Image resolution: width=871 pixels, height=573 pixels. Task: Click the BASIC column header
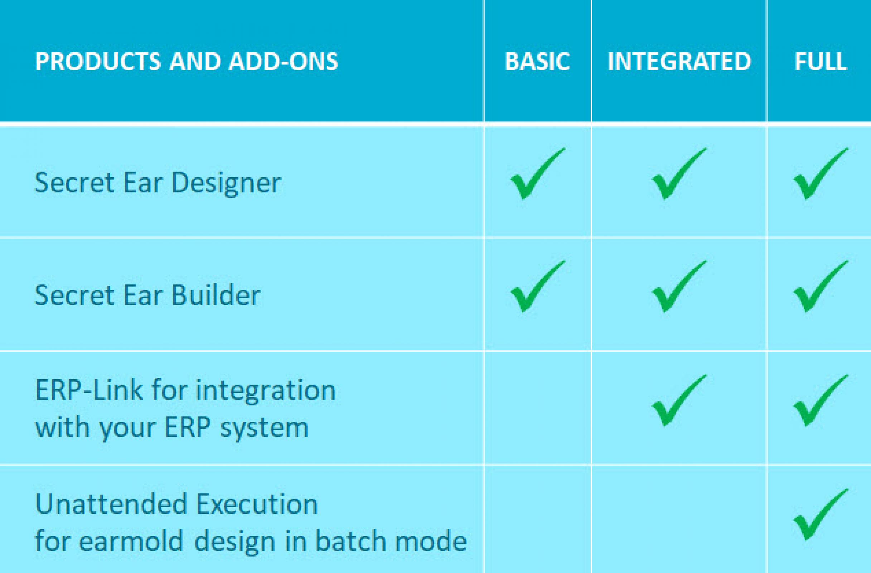click(537, 61)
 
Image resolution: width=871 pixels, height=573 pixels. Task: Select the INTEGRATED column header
click(679, 61)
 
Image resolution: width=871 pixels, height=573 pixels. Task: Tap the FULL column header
click(821, 61)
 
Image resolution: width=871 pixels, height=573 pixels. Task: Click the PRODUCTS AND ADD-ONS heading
click(187, 61)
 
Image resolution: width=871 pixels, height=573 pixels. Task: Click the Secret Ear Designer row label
click(158, 183)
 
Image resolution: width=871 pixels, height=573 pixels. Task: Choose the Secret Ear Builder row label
click(147, 295)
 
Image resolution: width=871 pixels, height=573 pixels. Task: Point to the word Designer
click(226, 183)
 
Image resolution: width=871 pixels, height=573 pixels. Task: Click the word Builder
click(216, 295)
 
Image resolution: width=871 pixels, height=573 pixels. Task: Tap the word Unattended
click(111, 504)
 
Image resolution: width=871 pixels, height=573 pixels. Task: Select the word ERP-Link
click(89, 390)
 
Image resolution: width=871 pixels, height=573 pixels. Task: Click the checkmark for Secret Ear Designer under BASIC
click(538, 174)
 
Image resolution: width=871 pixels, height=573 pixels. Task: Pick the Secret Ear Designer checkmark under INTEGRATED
click(679, 174)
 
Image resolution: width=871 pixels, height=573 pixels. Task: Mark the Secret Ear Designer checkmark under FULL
click(821, 174)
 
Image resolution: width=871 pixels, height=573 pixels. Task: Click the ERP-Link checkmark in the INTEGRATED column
click(679, 400)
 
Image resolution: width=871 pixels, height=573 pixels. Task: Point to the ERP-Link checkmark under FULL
click(821, 400)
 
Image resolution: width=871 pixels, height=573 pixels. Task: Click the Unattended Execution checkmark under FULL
click(821, 514)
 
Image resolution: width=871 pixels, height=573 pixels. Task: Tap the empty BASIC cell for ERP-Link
click(538, 408)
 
